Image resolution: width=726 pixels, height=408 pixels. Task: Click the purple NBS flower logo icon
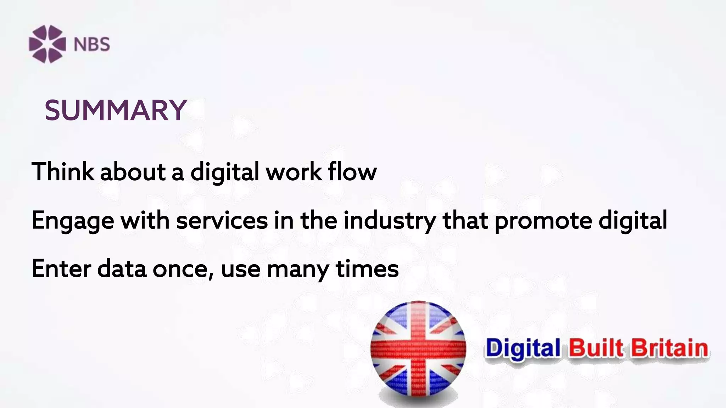(x=47, y=44)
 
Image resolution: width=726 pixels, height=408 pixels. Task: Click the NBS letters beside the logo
(x=92, y=45)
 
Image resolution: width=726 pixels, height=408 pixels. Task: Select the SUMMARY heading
(x=116, y=110)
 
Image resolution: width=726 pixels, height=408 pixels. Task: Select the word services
(x=222, y=220)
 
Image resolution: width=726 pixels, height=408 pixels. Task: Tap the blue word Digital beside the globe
(x=523, y=348)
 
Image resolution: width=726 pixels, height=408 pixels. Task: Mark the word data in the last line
(x=122, y=268)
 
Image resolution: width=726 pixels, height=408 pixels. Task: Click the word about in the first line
(x=133, y=172)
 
